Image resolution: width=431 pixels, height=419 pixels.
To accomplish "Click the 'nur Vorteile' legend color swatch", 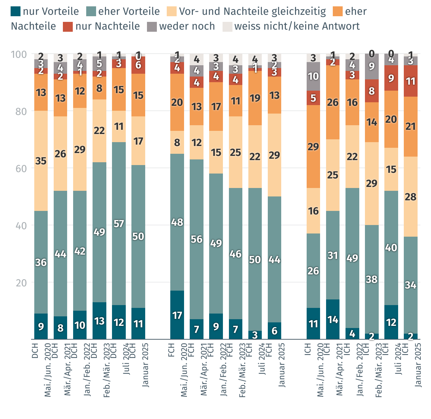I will tap(16, 12).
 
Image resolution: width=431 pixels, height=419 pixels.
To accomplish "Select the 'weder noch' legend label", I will tap(187, 26).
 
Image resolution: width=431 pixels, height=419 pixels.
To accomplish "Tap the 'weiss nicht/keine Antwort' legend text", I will tap(297, 26).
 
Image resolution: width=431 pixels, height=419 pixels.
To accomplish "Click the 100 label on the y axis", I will tap(19, 54).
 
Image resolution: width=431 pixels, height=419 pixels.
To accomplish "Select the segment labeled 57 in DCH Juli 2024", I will tap(119, 224).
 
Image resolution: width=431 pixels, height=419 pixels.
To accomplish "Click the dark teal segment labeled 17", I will tap(177, 315).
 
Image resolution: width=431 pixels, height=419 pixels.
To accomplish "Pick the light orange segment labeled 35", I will tap(41, 161).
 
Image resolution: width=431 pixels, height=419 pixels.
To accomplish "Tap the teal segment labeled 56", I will tap(196, 239).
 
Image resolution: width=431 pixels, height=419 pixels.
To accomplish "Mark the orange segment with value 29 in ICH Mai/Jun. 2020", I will tap(313, 146).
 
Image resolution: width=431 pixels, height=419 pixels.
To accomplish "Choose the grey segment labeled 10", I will tap(313, 76).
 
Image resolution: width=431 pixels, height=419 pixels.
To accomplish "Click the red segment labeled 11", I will tap(411, 81).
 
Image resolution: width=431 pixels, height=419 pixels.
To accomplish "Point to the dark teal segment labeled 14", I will tap(333, 319).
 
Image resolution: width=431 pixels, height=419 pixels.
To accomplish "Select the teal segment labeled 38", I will tap(372, 279).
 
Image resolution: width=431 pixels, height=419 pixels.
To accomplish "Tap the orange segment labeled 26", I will tap(333, 102).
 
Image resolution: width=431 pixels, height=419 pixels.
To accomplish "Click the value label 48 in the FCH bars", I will tap(177, 222).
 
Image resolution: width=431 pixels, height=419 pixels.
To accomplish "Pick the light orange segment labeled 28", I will tap(411, 196).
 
